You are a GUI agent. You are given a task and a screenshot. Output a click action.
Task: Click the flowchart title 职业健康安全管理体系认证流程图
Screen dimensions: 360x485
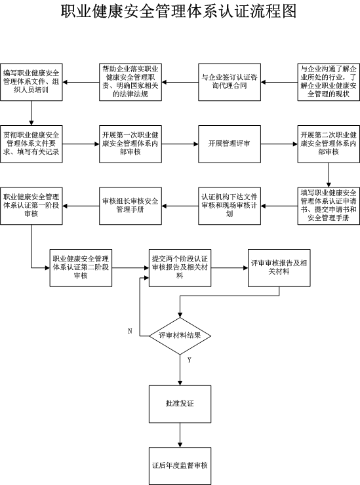click(x=178, y=11)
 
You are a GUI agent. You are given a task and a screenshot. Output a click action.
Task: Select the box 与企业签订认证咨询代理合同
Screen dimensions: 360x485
click(x=230, y=82)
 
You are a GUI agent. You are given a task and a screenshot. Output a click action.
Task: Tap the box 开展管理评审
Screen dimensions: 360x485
click(x=230, y=144)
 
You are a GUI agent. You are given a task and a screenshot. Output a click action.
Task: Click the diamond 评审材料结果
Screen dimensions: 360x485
click(x=180, y=336)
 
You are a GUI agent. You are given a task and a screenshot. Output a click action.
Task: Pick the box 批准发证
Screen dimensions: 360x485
click(x=180, y=404)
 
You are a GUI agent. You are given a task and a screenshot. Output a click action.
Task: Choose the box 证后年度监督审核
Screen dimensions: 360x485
click(x=180, y=465)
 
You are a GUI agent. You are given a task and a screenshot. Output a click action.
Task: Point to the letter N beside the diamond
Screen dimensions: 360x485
click(x=130, y=331)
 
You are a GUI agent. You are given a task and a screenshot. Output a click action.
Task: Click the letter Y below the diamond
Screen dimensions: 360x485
click(x=189, y=360)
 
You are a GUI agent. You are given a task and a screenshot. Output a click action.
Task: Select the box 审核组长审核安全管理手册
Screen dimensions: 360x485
click(x=130, y=206)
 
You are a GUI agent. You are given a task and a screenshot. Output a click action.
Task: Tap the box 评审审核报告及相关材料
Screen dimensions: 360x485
click(x=279, y=267)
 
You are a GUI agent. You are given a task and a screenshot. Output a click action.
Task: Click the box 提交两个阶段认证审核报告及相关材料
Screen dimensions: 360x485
click(x=180, y=267)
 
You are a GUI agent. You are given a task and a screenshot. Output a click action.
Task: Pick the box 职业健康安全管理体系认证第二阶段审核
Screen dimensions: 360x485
click(x=81, y=267)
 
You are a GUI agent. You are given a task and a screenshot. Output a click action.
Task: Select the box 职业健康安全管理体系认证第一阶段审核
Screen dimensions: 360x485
click(x=31, y=206)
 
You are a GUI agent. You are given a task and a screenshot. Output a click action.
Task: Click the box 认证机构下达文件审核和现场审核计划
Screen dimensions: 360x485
click(x=230, y=206)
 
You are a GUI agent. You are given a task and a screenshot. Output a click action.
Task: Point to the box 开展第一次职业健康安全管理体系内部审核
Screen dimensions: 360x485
click(x=130, y=144)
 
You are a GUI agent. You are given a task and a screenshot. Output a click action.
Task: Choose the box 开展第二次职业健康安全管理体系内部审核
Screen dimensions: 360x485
click(x=329, y=144)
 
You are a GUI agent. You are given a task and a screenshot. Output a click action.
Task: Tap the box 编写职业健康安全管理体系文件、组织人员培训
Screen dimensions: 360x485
click(x=31, y=82)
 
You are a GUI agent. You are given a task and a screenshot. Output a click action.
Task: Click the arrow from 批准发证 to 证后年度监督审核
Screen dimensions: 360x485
click(x=180, y=435)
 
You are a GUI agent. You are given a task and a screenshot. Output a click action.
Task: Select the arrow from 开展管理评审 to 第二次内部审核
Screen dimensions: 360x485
click(x=279, y=144)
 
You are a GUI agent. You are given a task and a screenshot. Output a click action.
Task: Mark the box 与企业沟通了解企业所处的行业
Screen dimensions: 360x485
click(x=329, y=82)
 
